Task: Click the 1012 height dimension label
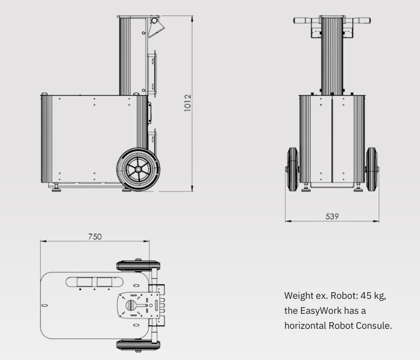(188, 103)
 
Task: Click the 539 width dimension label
(332, 216)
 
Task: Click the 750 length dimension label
(95, 236)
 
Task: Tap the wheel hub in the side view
(138, 169)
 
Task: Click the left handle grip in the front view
(302, 20)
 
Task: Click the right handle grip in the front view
(362, 20)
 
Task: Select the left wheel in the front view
(293, 169)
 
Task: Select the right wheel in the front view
(371, 169)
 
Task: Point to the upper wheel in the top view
(138, 266)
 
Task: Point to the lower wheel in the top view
(138, 345)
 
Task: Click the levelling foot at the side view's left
(56, 187)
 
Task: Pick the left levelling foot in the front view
(306, 187)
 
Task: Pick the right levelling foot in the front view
(358, 187)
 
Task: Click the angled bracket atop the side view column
(156, 28)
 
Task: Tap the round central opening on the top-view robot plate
(131, 305)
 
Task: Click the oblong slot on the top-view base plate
(94, 282)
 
